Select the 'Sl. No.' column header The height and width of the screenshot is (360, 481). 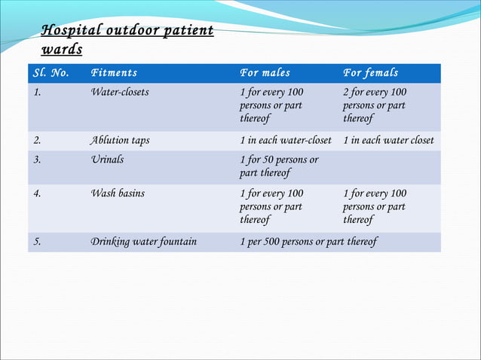coord(51,73)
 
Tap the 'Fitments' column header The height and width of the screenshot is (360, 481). coord(114,73)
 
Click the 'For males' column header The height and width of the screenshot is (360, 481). coord(265,73)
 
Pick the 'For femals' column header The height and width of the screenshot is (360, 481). coord(370,73)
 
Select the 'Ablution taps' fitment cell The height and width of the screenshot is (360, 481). coord(119,141)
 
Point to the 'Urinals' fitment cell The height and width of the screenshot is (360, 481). coord(107,160)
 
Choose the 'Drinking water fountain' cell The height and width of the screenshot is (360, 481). coord(143,242)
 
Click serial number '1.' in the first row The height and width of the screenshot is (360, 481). coord(37,93)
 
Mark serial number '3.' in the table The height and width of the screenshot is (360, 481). coord(37,160)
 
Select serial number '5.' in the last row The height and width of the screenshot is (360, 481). coord(37,242)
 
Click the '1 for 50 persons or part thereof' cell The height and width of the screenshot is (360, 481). coord(278,166)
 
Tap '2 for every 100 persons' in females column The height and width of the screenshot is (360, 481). coord(375,105)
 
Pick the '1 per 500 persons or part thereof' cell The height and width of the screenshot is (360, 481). coord(308,242)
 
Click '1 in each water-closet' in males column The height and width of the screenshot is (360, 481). coord(285,141)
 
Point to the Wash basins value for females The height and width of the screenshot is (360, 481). coord(375,206)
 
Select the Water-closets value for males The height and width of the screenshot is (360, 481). coord(271,105)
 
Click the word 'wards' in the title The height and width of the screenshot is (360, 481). coord(62,50)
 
